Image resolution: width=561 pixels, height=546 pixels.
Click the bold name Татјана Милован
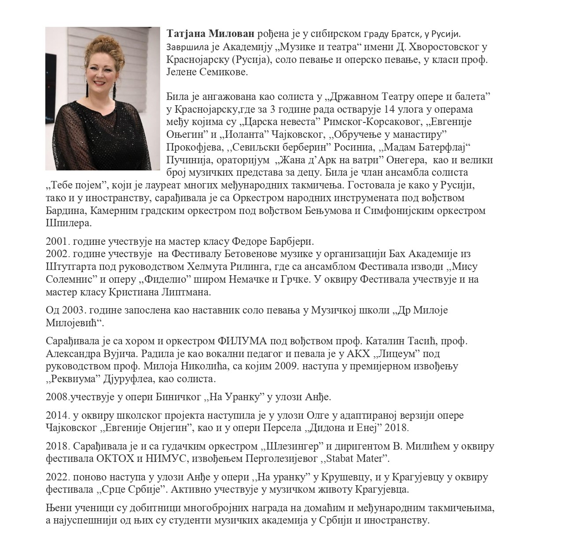click(x=210, y=33)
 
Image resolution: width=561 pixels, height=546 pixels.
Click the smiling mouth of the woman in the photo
click(x=97, y=82)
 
